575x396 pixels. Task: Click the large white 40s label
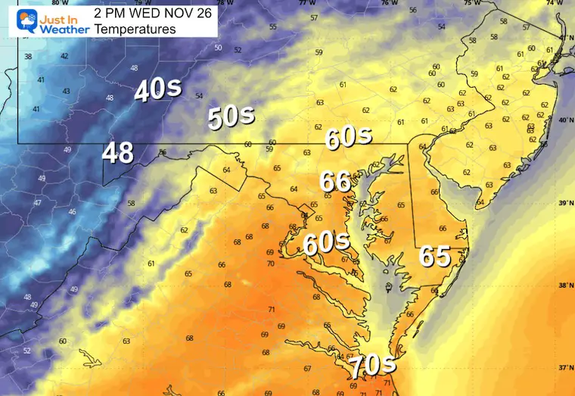tap(157, 90)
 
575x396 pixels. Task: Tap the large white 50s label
tap(232, 117)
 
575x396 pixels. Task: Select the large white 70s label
tap(372, 366)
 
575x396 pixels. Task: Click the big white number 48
tap(119, 152)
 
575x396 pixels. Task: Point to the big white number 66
tap(335, 182)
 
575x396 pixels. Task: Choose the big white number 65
tap(437, 257)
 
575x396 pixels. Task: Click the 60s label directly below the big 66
tap(326, 243)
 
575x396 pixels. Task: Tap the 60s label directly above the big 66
tap(349, 137)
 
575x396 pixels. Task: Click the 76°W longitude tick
tap(389, 4)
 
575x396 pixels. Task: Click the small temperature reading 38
tap(28, 57)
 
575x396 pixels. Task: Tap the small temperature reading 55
tap(273, 27)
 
